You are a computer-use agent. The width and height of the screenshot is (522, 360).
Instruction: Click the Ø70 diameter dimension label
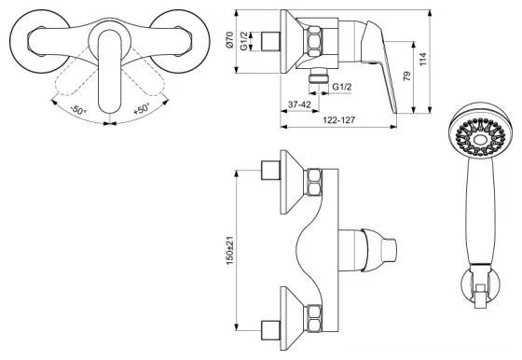[229, 41]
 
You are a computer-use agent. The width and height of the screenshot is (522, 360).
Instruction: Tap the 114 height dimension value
[422, 60]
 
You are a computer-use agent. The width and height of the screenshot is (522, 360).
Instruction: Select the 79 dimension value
[406, 76]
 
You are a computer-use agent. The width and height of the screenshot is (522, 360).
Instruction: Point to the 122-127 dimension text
[338, 119]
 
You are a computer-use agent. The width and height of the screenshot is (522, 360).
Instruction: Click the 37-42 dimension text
[299, 104]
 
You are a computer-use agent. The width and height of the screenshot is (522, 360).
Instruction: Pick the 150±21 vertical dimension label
[229, 251]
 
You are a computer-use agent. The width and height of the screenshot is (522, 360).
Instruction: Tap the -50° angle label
[78, 109]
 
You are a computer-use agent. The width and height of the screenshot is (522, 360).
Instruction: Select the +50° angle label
[142, 108]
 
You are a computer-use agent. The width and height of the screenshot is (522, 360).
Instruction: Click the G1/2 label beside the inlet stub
[244, 41]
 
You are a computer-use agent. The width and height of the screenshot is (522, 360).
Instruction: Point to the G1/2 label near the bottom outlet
[342, 87]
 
